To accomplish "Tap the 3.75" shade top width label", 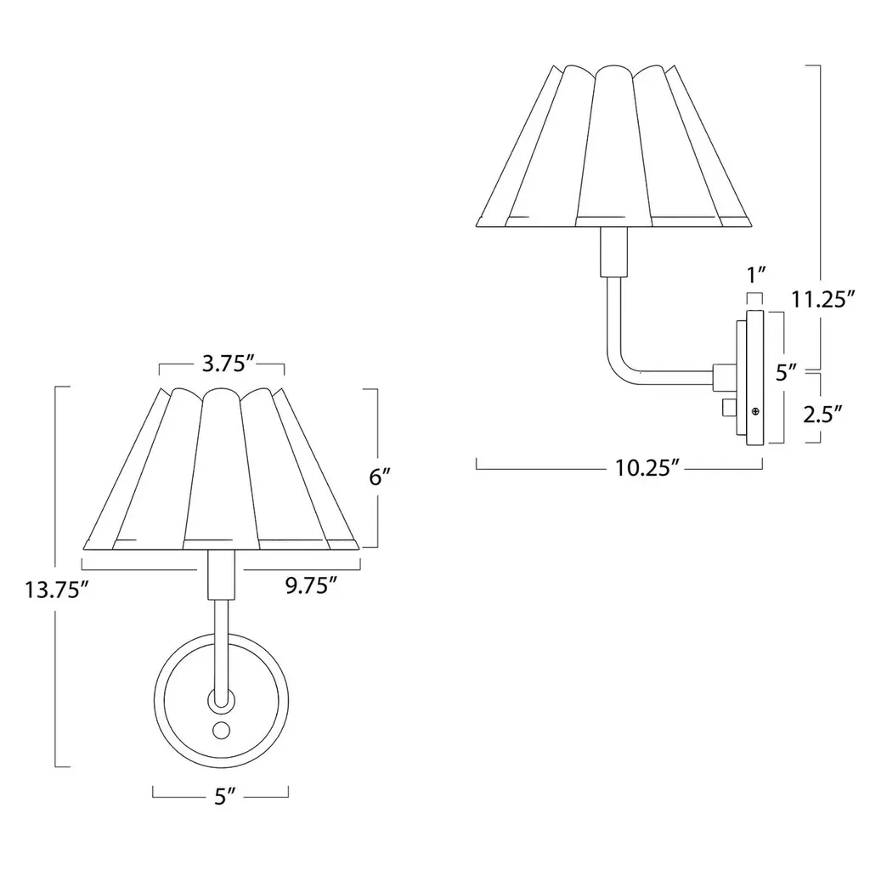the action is tap(228, 364).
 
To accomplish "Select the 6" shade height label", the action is tap(380, 477).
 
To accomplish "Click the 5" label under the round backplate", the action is tap(225, 797).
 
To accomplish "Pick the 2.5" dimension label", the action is tap(823, 414).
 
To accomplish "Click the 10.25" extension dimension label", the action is tap(647, 468).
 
